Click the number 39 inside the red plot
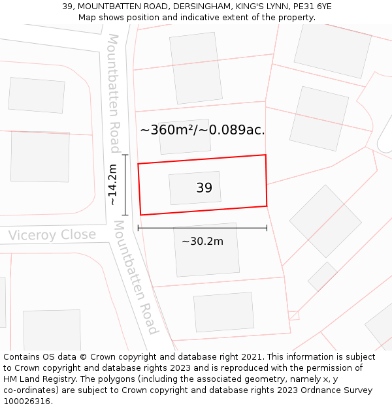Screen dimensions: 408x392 (204, 188)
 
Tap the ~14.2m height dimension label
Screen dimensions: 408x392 (112, 185)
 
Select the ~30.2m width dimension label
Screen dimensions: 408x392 (202, 242)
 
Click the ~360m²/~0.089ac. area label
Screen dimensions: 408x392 (203, 130)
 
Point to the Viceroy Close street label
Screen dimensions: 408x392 (52, 235)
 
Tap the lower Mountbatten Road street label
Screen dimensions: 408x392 (137, 277)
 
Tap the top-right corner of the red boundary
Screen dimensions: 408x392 (265, 155)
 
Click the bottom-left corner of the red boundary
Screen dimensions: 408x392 (140, 215)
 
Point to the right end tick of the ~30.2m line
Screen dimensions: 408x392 (267, 228)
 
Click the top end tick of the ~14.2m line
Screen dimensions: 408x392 (125, 155)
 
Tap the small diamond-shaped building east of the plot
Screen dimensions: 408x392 (322, 276)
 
